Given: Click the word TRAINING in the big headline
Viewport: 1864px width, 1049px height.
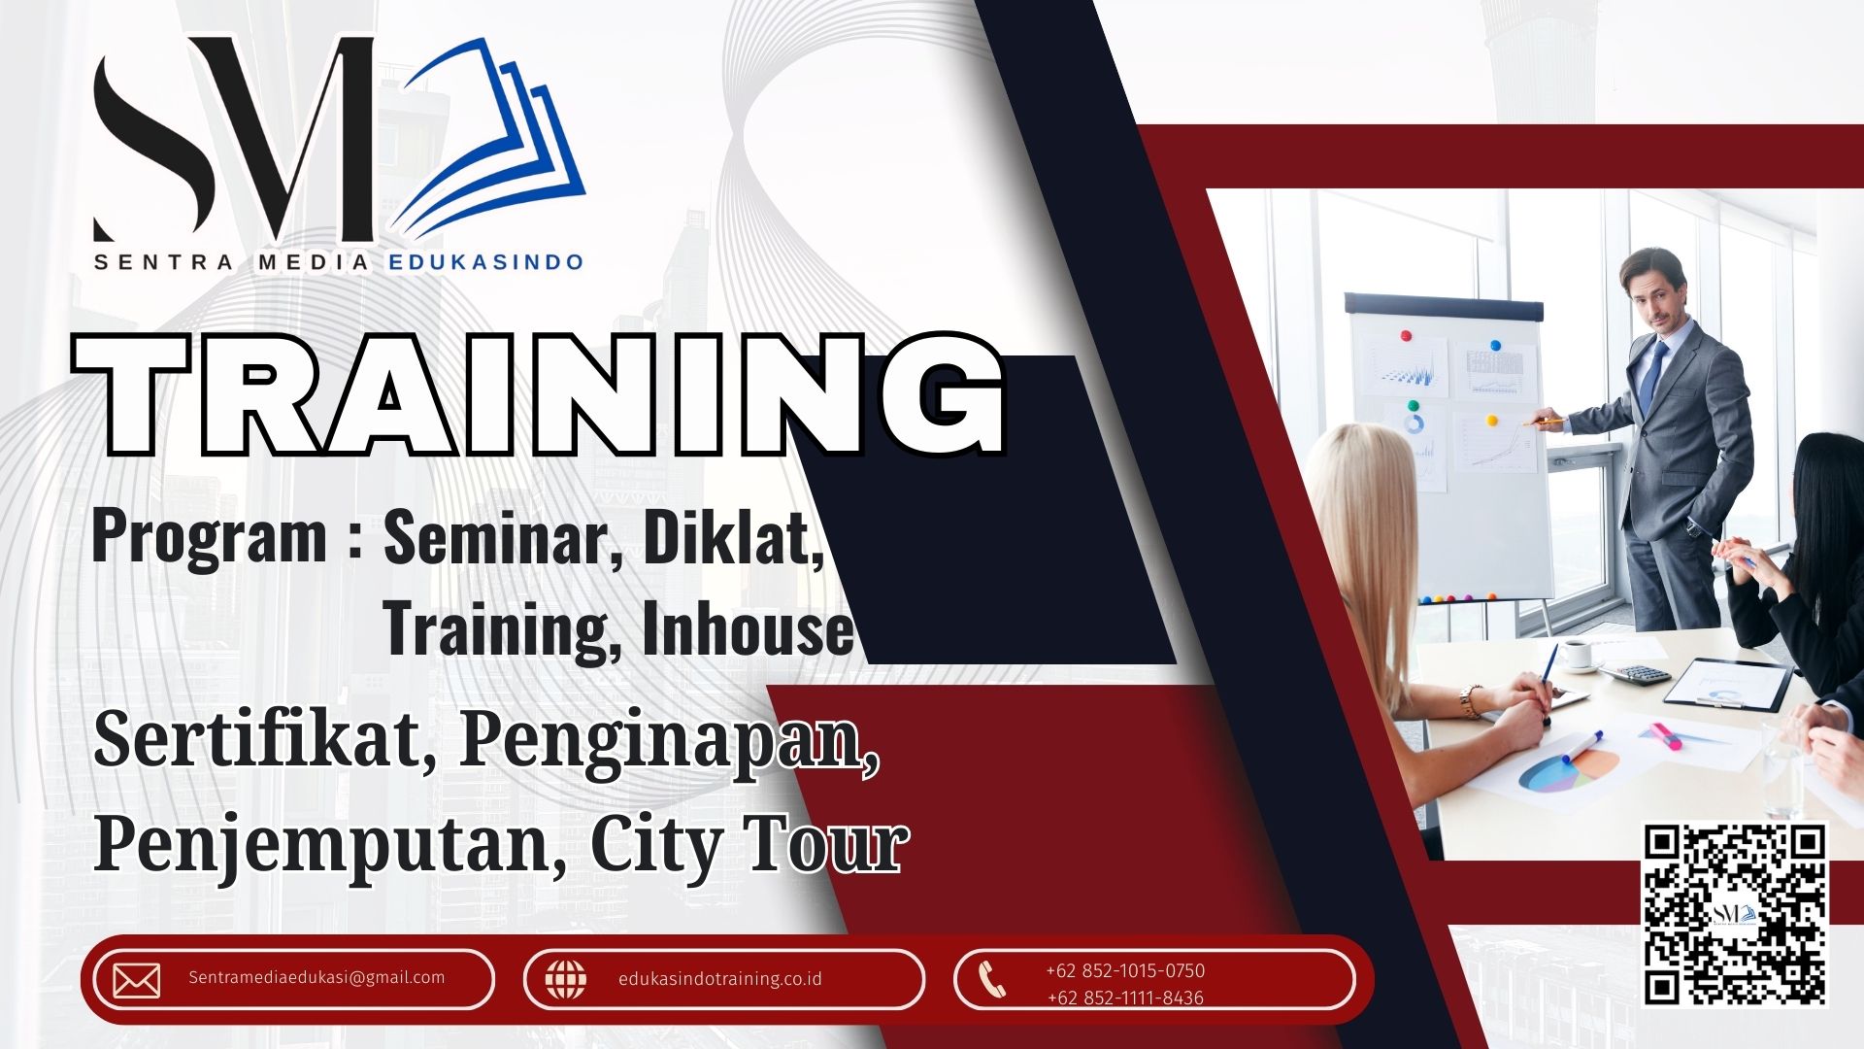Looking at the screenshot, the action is (x=540, y=394).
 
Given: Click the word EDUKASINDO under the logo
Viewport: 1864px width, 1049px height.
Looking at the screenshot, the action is (x=485, y=261).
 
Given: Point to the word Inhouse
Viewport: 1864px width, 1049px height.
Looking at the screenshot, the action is (x=748, y=629).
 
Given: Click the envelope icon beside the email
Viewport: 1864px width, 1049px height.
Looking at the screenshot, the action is (x=137, y=981).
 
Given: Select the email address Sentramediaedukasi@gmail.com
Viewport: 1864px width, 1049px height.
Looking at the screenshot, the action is (x=316, y=977).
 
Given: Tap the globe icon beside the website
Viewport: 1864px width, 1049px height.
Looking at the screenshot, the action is (x=565, y=979).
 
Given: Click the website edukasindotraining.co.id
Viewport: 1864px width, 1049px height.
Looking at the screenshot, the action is (x=719, y=979).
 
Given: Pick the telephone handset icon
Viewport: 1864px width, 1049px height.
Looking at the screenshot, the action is (x=991, y=979).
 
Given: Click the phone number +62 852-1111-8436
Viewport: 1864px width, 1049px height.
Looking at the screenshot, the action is (x=1125, y=998).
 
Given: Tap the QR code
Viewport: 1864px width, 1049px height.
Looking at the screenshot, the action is (x=1735, y=915).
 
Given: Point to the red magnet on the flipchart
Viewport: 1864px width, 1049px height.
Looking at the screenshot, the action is (x=1405, y=335).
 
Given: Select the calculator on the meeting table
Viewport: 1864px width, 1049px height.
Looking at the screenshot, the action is (x=1636, y=673).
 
